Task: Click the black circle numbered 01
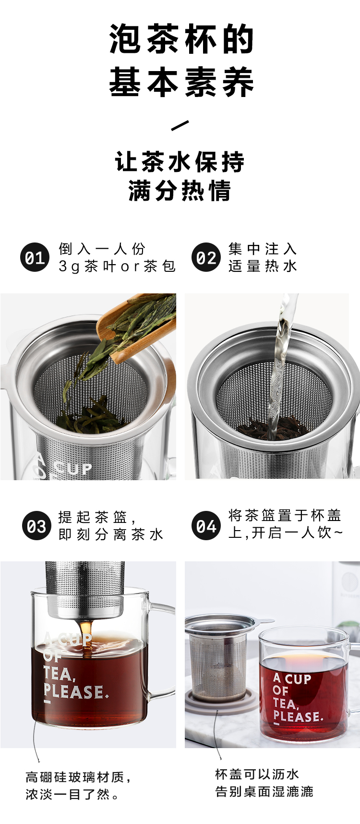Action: coord(35,257)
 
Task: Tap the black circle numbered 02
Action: coord(206,257)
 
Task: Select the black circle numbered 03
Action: coord(36,526)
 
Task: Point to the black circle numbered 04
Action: coord(206,526)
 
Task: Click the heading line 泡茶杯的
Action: coord(181,39)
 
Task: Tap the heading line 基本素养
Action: coord(181,82)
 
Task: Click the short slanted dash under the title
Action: coord(180,126)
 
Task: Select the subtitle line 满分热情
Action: coord(180,190)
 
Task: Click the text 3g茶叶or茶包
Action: coord(117,266)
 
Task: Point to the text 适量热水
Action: coord(263,266)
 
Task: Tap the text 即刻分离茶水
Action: coord(111,534)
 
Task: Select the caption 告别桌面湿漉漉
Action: coord(264,791)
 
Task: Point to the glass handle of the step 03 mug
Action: coord(163,648)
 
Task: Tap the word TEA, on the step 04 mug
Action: coord(286,703)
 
